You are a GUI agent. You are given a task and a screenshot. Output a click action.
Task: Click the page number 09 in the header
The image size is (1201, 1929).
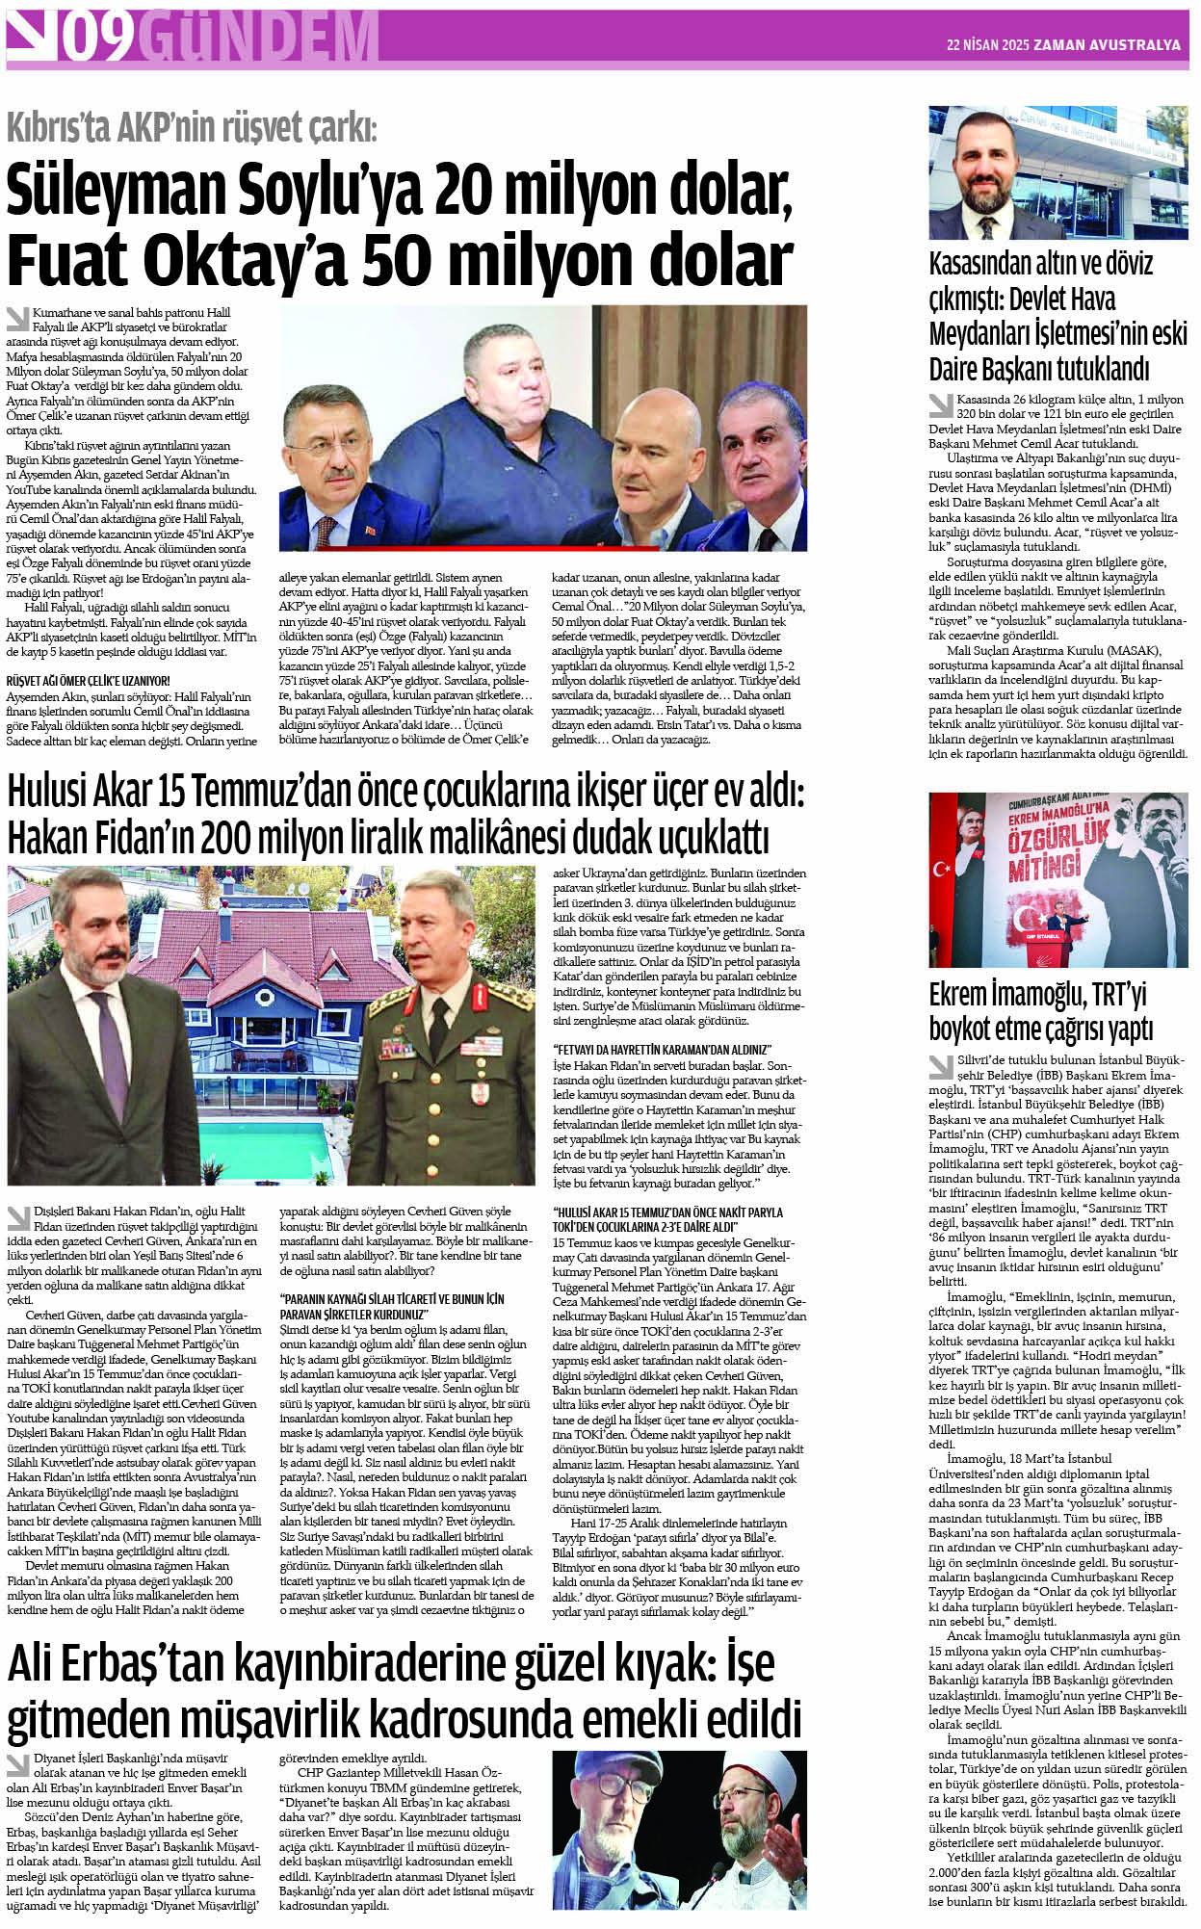97,39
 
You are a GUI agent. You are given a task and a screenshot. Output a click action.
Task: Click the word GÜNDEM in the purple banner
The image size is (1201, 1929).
257,39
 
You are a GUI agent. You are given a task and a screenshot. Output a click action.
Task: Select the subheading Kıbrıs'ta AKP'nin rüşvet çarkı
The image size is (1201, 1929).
193,127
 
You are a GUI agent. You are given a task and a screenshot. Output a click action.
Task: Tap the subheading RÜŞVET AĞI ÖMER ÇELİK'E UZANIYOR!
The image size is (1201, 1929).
88,680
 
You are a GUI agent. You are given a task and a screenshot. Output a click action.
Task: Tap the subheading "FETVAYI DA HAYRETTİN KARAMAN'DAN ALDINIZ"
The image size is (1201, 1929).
663,1049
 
